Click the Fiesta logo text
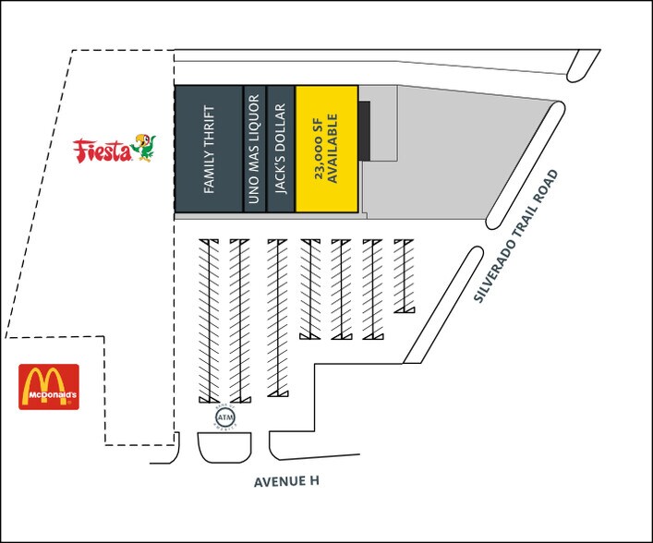[x=102, y=151]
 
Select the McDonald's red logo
[x=49, y=387]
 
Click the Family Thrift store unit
[x=209, y=149]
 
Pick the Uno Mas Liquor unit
[x=255, y=149]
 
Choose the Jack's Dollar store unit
[x=281, y=149]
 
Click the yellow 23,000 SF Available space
[x=326, y=149]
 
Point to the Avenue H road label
[x=287, y=482]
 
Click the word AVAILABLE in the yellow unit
[x=334, y=149]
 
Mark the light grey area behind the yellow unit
[x=443, y=166]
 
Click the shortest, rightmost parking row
[x=404, y=275]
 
